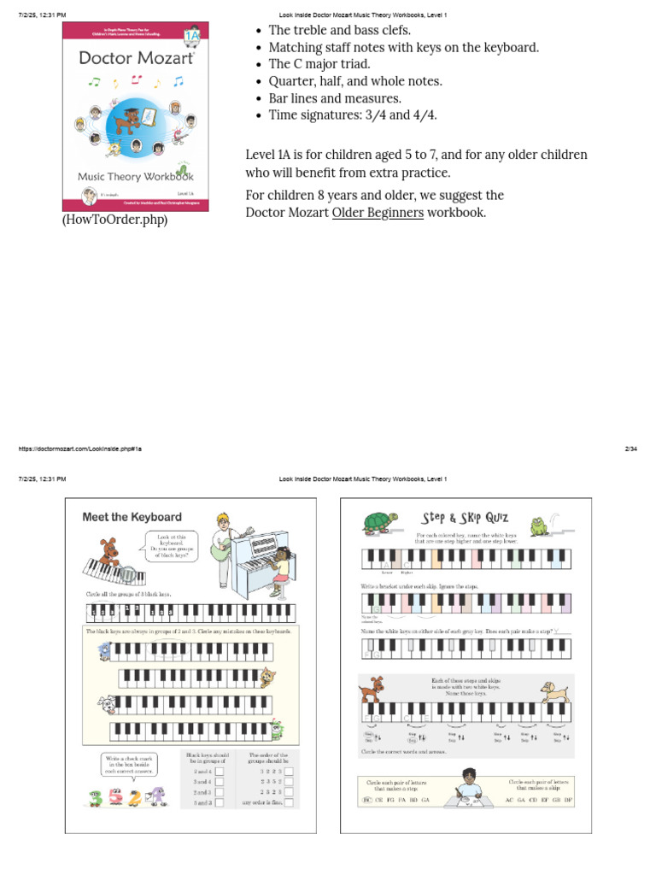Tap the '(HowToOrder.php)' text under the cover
pos(114,220)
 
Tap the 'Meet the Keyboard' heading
pos(132,517)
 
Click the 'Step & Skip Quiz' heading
pos(466,518)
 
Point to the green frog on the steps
pos(540,526)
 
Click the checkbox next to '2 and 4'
pos(220,771)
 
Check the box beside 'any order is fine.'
pos(289,802)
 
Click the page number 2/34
pos(631,449)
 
